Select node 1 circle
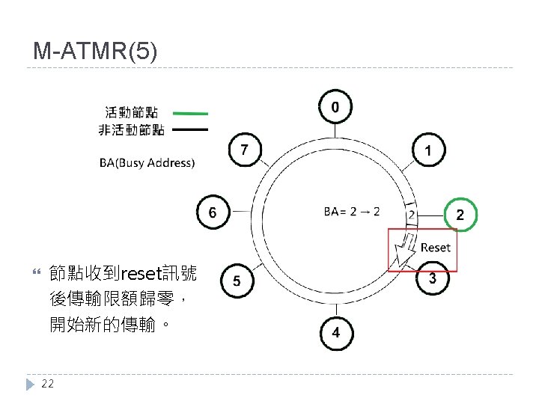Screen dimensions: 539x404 [427, 152]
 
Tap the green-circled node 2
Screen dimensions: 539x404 [460, 215]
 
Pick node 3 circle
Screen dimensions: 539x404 [432, 279]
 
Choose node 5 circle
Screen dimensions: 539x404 [237, 281]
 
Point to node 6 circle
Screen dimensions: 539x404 [213, 213]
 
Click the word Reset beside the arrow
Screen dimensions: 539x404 [435, 247]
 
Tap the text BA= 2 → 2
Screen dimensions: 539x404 [352, 212]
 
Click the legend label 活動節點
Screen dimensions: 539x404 [131, 113]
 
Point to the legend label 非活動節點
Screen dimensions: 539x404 [131, 130]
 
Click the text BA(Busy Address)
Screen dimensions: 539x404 [147, 162]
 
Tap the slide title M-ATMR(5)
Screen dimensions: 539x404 [95, 52]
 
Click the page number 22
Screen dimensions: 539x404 [48, 384]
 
